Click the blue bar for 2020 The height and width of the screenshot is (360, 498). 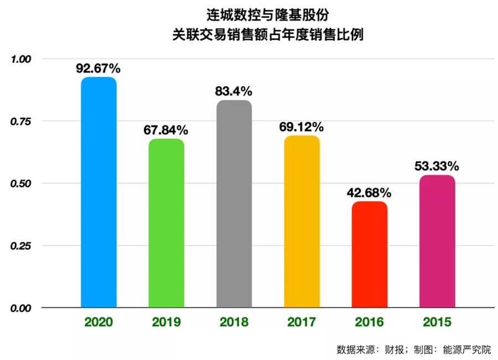tap(98, 192)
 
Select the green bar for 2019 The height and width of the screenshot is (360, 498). tap(166, 223)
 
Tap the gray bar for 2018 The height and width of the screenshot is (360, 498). tap(234, 204)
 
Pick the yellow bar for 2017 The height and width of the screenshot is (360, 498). tap(302, 222)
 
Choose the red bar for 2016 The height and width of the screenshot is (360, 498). tap(370, 255)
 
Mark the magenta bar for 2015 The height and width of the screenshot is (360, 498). tap(437, 242)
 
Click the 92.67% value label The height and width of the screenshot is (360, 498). tap(98, 69)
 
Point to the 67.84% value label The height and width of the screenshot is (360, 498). tap(166, 131)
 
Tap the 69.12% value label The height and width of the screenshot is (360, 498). tap(302, 127)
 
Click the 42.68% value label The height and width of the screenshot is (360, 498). tap(370, 193)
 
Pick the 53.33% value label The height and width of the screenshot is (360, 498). tap(437, 166)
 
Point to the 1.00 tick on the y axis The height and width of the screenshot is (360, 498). tap(22, 59)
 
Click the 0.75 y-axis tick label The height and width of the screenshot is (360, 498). tap(22, 121)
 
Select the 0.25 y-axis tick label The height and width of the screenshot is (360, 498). tap(22, 246)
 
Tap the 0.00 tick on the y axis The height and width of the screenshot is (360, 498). tap(22, 308)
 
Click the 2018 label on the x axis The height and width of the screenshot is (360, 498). tap(234, 322)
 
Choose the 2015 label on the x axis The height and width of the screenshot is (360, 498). tap(437, 322)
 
